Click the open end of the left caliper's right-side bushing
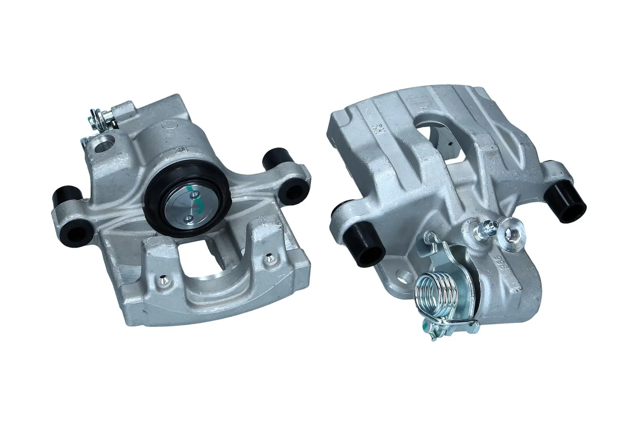point(292,190)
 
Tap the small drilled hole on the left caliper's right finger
point(269,257)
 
